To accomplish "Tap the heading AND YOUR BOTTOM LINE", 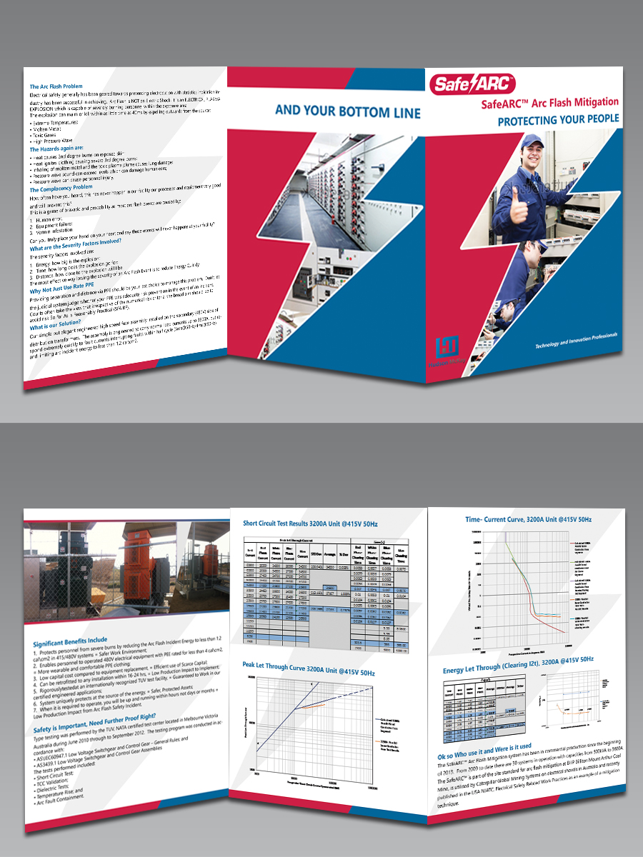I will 348,111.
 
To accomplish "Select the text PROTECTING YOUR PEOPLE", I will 558,121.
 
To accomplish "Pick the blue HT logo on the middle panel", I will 446,349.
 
